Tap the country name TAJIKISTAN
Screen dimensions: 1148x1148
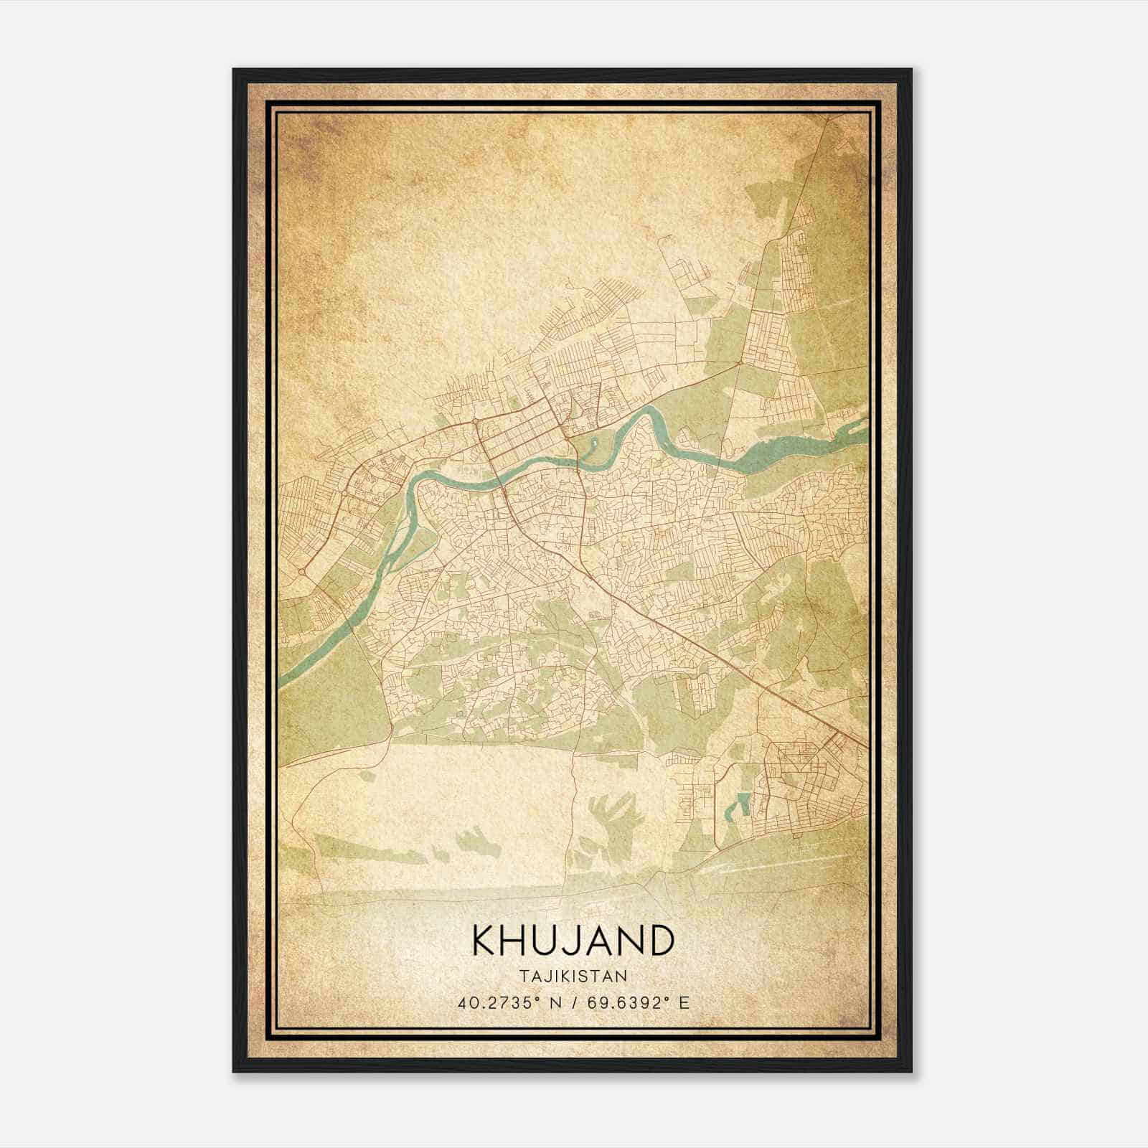tap(573, 976)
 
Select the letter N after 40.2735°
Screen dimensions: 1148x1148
tap(554, 1002)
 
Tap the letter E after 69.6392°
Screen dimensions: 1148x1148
tap(684, 1002)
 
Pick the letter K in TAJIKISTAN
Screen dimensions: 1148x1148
tap(567, 976)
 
